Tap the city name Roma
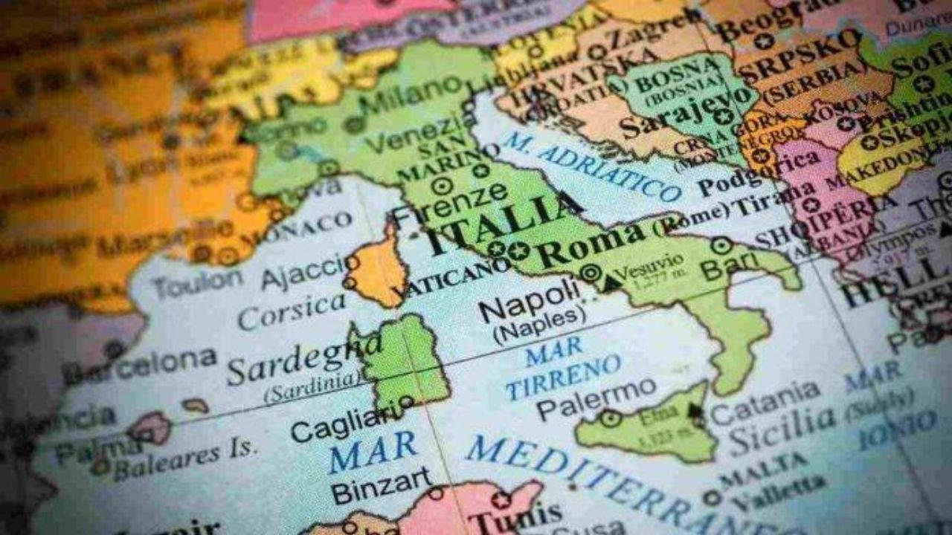coord(591,245)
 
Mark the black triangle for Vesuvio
coord(611,282)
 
